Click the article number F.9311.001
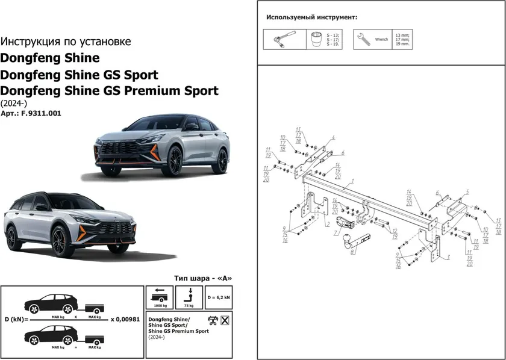(x=40, y=113)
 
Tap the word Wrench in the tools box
(x=381, y=40)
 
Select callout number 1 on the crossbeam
(x=352, y=181)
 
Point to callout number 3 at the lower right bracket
(x=449, y=257)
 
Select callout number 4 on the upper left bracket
(x=333, y=138)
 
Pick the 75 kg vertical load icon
(x=189, y=294)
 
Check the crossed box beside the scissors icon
(x=225, y=320)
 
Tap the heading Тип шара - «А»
(x=202, y=278)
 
